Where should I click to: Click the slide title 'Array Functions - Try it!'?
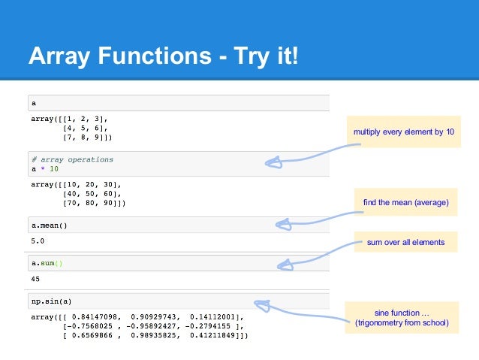click(162, 56)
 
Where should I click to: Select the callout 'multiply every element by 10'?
click(403, 132)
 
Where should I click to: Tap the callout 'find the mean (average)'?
click(405, 202)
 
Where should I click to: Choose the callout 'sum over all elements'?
click(405, 242)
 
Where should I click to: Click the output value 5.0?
click(38, 241)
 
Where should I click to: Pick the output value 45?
click(36, 279)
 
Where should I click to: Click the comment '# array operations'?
click(72, 159)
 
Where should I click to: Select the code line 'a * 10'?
click(45, 169)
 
